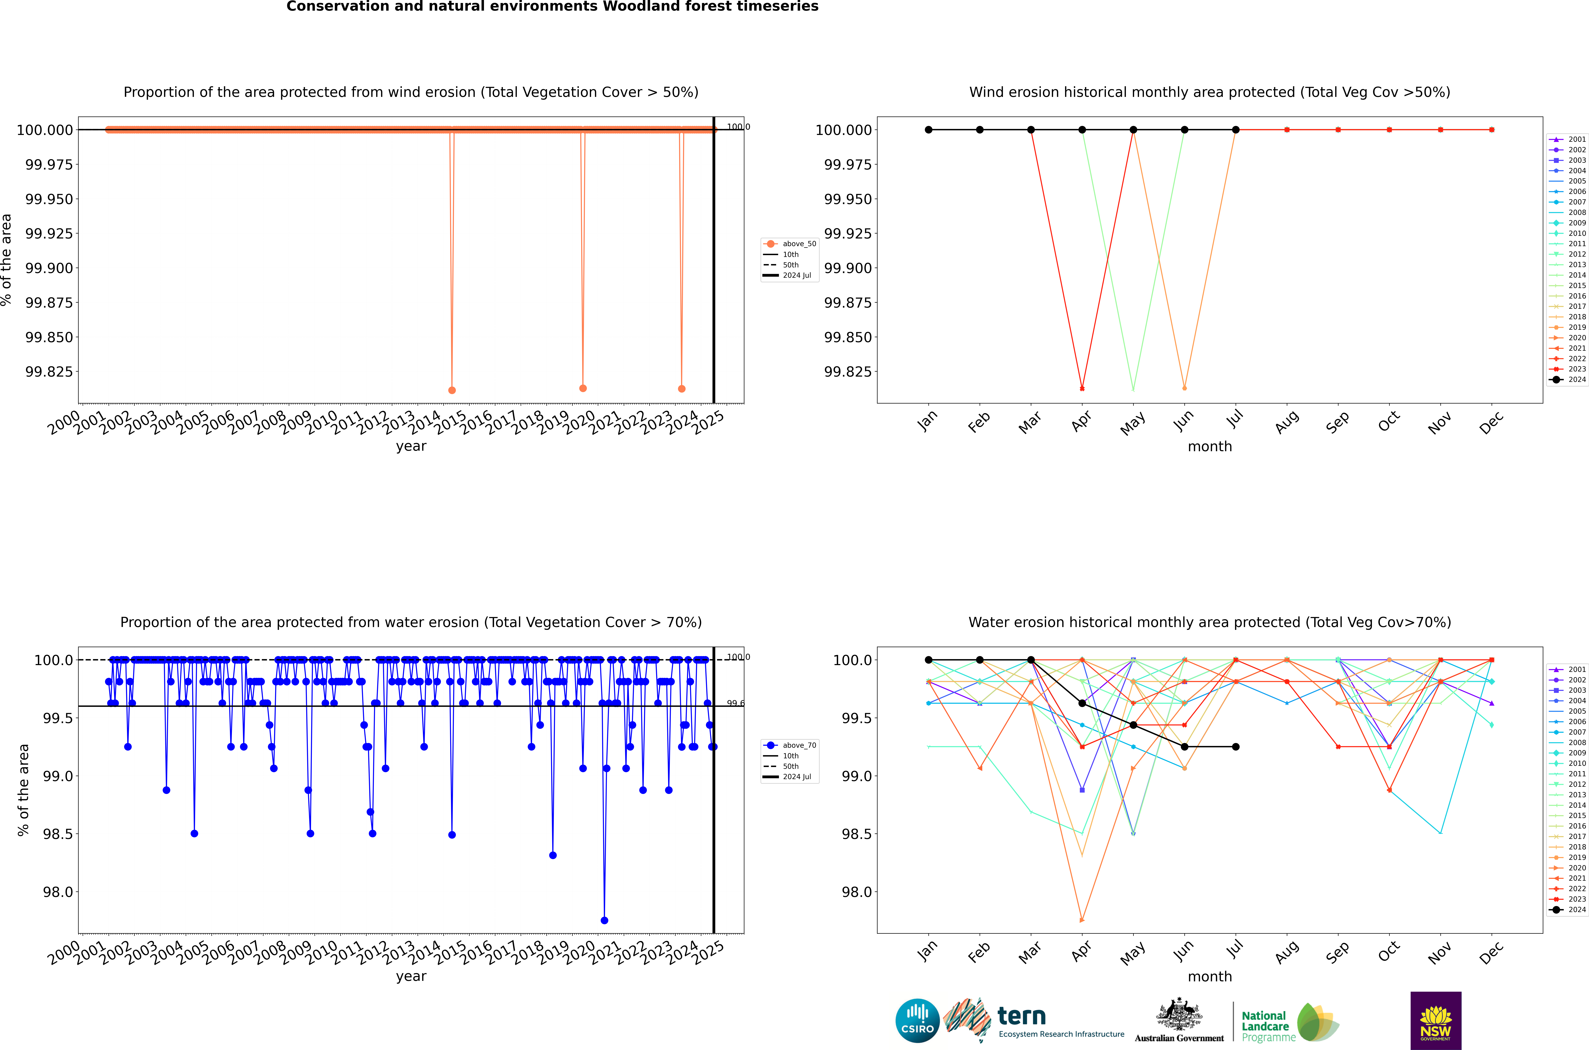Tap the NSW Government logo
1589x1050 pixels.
(1436, 1021)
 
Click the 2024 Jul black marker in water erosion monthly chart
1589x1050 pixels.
(1235, 747)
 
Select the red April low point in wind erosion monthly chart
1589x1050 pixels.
(1082, 388)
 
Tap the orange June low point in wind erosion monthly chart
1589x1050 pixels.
(1185, 388)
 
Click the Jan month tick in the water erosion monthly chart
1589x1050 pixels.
(927, 952)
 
